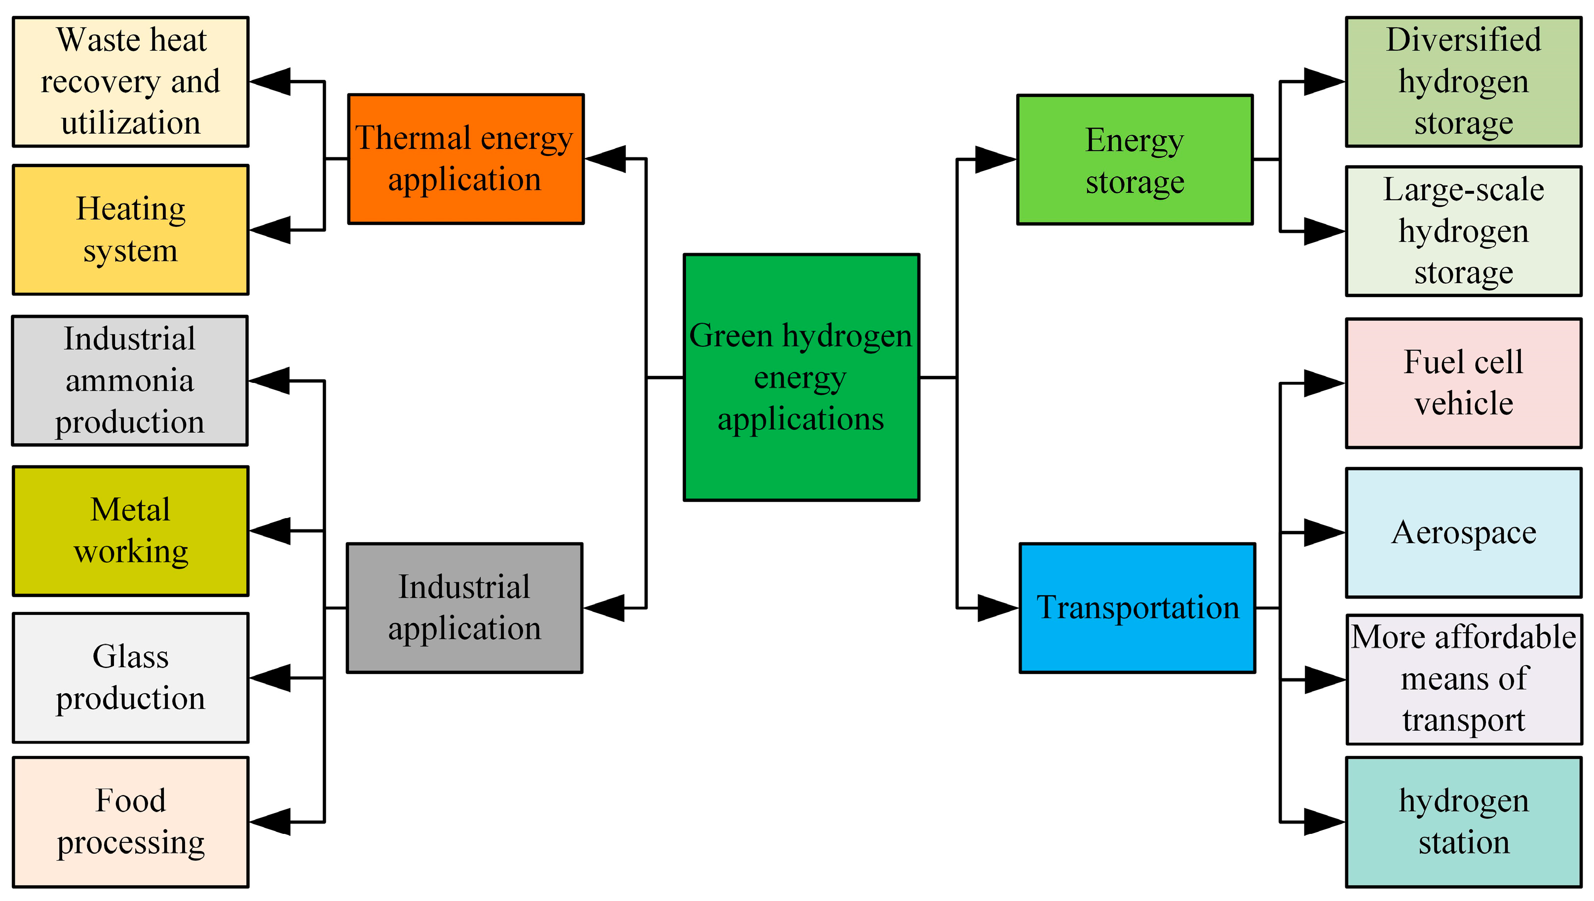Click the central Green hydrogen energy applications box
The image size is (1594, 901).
coord(801,377)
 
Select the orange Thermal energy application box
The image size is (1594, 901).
coord(465,158)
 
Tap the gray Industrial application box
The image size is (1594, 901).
coord(464,608)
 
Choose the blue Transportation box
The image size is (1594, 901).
coord(1138,608)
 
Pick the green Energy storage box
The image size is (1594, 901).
coord(1135,160)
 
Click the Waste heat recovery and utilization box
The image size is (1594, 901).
coord(131,82)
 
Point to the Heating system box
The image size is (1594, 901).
coord(131,229)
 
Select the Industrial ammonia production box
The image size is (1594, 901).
coord(130,380)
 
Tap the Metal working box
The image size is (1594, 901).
coord(131,531)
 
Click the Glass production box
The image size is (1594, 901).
coord(131,677)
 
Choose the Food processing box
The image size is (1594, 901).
coord(131,822)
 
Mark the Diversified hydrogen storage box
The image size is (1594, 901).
coord(1463,82)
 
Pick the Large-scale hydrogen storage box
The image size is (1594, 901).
coord(1463,231)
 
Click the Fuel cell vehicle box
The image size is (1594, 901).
coord(1463,383)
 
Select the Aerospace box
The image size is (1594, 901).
coord(1463,533)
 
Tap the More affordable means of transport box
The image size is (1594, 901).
coord(1463,679)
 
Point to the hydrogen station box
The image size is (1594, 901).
coord(1463,822)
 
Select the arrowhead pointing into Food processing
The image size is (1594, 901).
coord(271,822)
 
